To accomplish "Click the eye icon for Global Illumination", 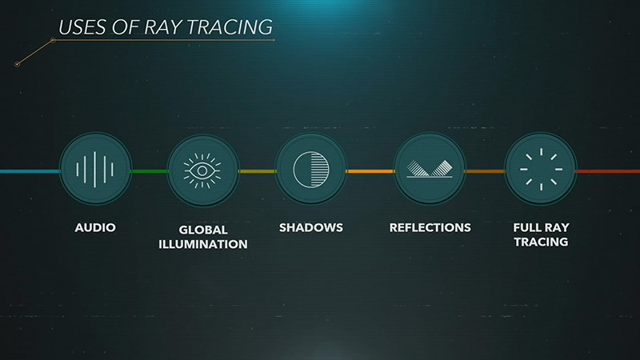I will [x=202, y=170].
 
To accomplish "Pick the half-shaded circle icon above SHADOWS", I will [x=311, y=170].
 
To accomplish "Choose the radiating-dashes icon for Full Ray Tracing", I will [x=540, y=170].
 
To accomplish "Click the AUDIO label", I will [x=95, y=228].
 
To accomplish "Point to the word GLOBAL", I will [x=202, y=229].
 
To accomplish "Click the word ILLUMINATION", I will [x=202, y=243].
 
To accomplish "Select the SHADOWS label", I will [x=311, y=228].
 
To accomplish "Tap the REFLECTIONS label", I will [x=430, y=228].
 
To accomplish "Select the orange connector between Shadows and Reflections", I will [x=370, y=171].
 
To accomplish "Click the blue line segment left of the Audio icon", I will [x=29, y=171].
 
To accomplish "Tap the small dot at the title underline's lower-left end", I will [x=17, y=64].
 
